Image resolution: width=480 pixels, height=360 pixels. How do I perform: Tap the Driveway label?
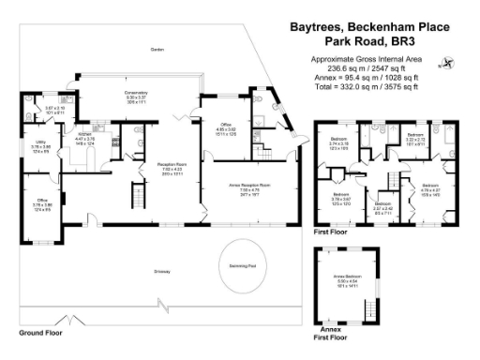coord(163,272)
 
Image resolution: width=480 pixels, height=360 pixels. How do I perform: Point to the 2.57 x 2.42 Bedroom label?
coord(382,206)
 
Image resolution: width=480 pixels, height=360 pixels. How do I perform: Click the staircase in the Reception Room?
coord(134,196)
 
